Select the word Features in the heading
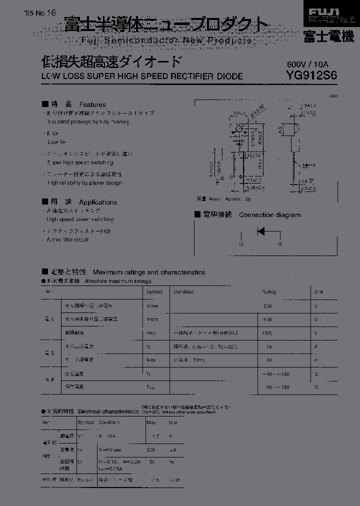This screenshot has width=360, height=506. coord(92,104)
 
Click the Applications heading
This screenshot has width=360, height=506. coord(98,202)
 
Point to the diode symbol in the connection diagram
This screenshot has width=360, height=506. coord(260,231)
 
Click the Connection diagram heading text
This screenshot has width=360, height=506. coord(269,215)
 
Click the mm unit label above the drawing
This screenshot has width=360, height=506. coord(334,95)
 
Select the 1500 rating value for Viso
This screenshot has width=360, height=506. coord(267,332)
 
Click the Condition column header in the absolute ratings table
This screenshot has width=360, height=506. coord(183,292)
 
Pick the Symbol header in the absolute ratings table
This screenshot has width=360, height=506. coord(154,292)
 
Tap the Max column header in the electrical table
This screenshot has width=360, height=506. coord(150,422)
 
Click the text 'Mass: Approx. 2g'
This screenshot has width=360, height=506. coord(223,199)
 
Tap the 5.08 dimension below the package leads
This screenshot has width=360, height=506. coord(243,188)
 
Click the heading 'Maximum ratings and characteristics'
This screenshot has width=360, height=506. coord(149,272)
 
